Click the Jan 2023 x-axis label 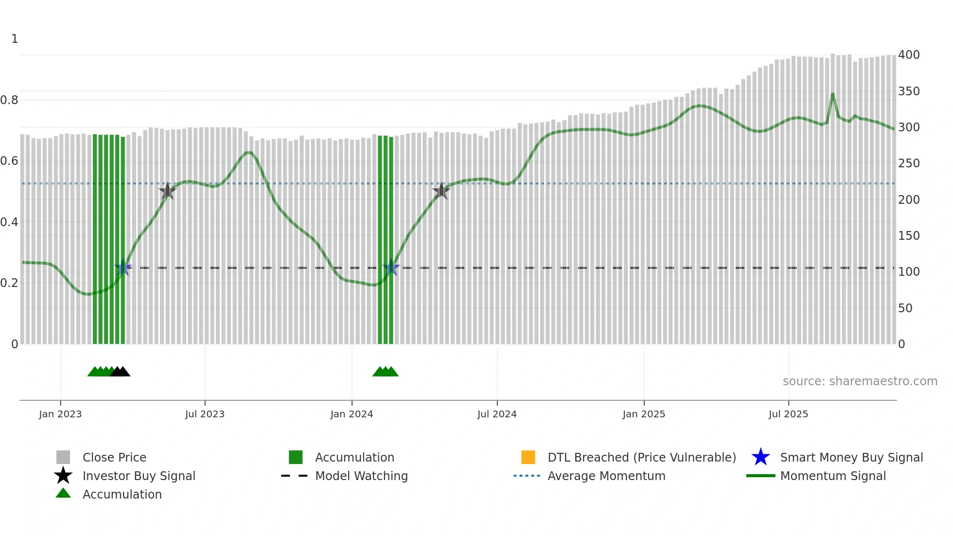click(60, 414)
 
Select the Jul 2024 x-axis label click(497, 414)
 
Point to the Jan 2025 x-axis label click(644, 414)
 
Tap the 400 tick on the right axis click(909, 55)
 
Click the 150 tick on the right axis click(909, 236)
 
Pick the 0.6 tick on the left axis click(9, 161)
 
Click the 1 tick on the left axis click(15, 39)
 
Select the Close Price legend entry click(114, 457)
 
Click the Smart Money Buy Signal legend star click(760, 457)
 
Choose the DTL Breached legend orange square click(528, 457)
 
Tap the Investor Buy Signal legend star click(63, 476)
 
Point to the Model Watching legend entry click(361, 476)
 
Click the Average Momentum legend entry click(606, 476)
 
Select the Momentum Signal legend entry click(833, 476)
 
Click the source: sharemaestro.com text click(860, 381)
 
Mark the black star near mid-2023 click(167, 191)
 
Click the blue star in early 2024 click(391, 268)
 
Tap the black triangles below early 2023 click(120, 372)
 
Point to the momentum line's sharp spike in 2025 click(832, 94)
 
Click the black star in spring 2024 click(441, 191)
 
